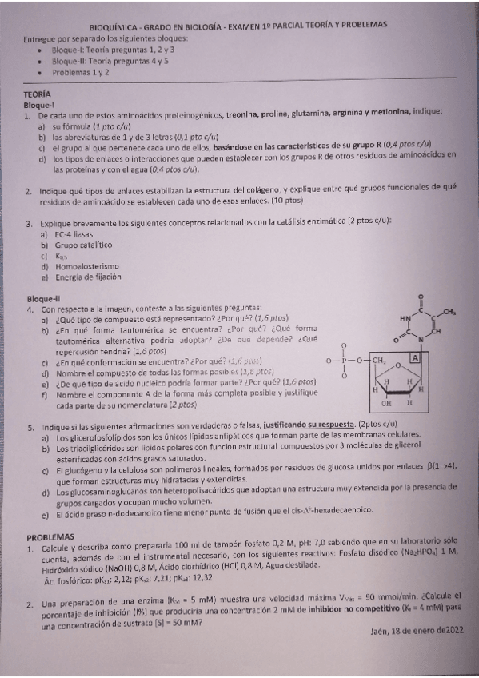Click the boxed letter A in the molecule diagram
click(415, 359)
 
